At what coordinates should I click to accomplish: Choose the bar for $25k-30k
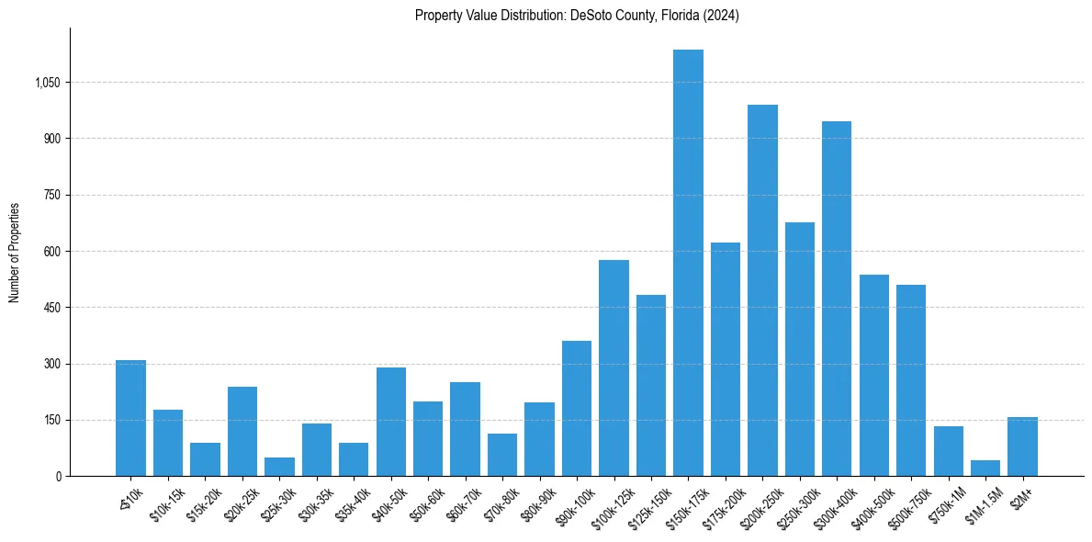(x=279, y=467)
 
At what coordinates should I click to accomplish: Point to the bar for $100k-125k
(x=614, y=367)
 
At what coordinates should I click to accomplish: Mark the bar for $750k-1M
(x=948, y=451)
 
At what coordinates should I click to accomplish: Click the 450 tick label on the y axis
(x=53, y=308)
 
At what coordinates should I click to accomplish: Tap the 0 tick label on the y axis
(x=59, y=477)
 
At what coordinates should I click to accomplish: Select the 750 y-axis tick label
(x=53, y=196)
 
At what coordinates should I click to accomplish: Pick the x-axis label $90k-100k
(x=574, y=502)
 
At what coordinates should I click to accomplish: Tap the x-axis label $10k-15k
(x=166, y=501)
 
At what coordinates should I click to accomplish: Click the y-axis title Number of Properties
(x=15, y=252)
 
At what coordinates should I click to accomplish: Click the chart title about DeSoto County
(x=577, y=16)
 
